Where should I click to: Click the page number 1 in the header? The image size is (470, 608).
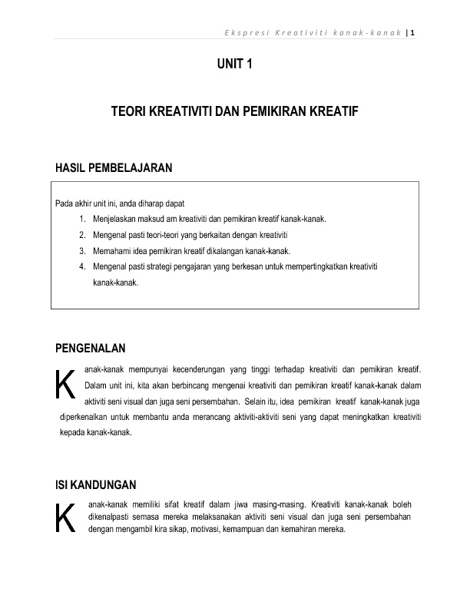[x=413, y=32]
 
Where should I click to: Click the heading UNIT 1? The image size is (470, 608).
[x=234, y=66]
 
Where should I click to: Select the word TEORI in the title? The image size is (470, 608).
[x=128, y=112]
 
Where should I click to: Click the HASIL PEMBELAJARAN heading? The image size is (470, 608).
[x=113, y=167]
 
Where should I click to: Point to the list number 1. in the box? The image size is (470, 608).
[x=81, y=219]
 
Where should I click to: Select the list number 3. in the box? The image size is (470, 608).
[x=81, y=250]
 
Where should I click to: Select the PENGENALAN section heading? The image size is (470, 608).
[x=91, y=348]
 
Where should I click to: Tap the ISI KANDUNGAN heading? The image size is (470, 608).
[x=96, y=484]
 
